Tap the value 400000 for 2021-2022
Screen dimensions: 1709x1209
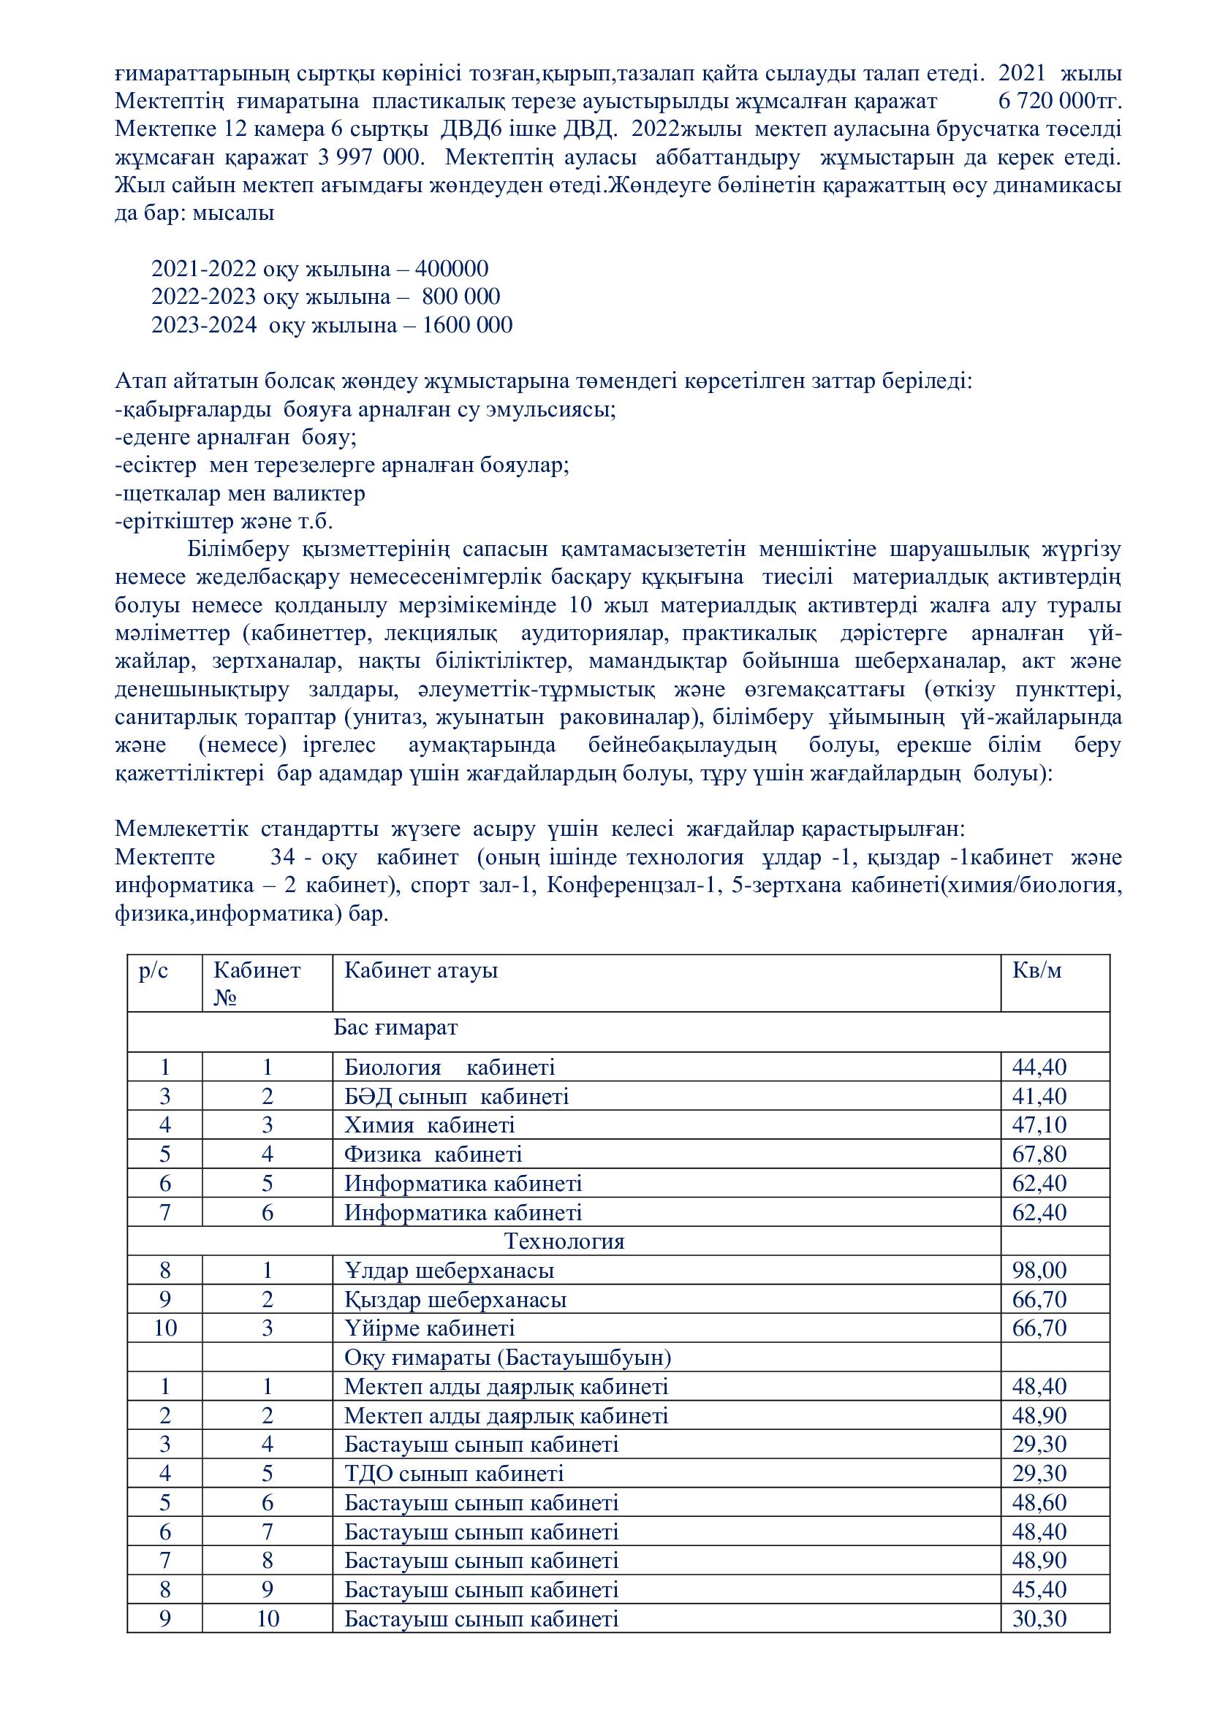click(452, 269)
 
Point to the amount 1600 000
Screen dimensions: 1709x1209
click(468, 325)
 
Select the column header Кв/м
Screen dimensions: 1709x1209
click(1037, 970)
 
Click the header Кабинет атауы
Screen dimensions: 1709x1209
click(420, 970)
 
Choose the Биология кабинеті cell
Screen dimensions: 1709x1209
click(449, 1067)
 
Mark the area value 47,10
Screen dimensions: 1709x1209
click(1039, 1124)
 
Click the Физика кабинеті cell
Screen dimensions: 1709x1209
click(433, 1154)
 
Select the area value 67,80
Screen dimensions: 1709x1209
click(1039, 1154)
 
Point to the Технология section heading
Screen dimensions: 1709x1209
click(564, 1241)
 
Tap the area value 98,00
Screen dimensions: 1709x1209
click(1039, 1271)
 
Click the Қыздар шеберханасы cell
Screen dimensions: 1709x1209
click(455, 1300)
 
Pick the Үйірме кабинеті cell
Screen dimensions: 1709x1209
click(429, 1328)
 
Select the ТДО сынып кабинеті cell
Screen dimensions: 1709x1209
click(453, 1474)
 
